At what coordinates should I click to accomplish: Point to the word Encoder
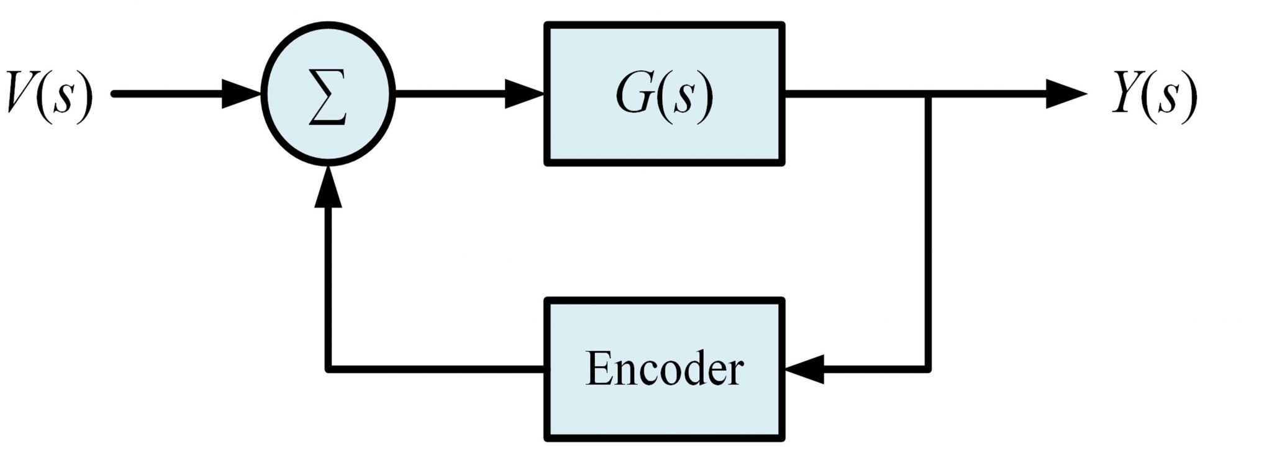[664, 369]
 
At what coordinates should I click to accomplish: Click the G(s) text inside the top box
[664, 96]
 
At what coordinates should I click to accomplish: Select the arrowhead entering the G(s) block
[525, 95]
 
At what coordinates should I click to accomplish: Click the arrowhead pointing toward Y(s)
[1065, 95]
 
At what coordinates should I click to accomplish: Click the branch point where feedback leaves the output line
[929, 95]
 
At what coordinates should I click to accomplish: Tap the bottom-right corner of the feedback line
[929, 369]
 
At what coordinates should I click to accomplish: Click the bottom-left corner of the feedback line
[327, 369]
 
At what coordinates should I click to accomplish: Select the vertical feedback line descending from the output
[929, 236]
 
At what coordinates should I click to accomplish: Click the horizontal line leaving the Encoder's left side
[435, 369]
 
